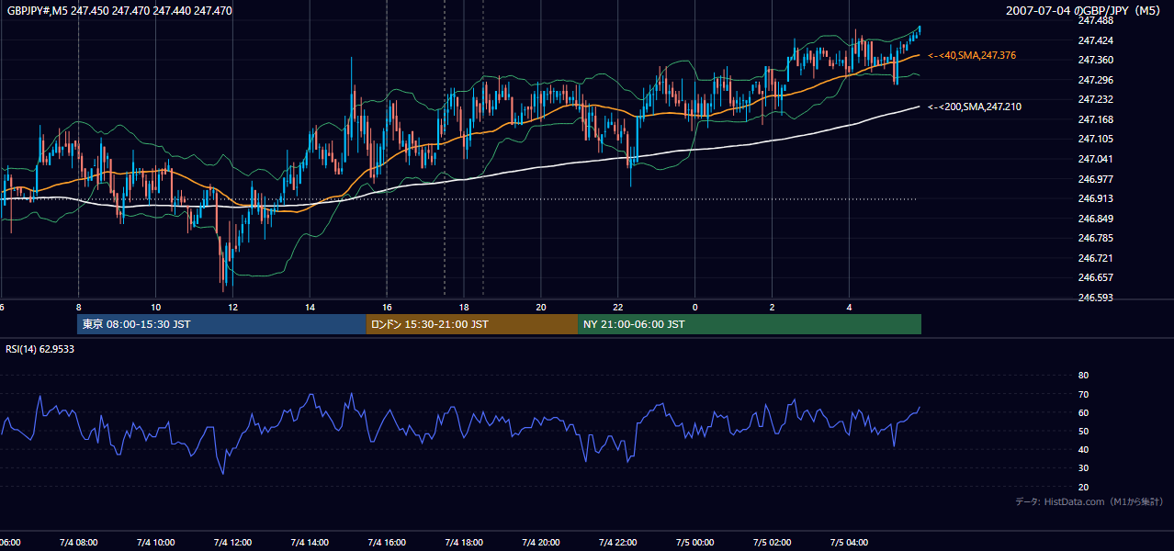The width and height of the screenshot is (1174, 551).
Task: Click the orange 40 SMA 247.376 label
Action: point(972,55)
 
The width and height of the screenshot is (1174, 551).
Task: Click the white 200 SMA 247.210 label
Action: point(975,107)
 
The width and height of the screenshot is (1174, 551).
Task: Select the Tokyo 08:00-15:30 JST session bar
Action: point(221,324)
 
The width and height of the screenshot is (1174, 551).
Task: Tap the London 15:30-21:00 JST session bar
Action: point(471,324)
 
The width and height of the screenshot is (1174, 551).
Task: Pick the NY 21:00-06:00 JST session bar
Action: point(750,324)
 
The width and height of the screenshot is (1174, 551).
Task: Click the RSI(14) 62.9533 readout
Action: point(40,349)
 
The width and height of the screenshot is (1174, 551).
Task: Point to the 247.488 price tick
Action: point(1095,20)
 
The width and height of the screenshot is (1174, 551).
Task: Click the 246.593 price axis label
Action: point(1095,298)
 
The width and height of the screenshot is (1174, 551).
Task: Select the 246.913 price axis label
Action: point(1095,198)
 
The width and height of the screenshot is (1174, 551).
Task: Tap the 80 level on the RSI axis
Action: point(1083,375)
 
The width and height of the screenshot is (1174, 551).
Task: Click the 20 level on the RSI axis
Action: point(1083,487)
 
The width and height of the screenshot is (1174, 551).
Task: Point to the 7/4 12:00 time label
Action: point(232,543)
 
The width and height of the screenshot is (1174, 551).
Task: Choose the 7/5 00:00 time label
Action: point(695,543)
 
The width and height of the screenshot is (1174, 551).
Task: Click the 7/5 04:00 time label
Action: point(849,543)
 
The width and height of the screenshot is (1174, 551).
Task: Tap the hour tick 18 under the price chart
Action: point(464,308)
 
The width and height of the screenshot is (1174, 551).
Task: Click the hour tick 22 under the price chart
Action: point(618,308)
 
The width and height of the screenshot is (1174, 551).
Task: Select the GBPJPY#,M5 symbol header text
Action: point(38,10)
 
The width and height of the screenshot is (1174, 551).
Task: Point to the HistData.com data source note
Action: point(1089,501)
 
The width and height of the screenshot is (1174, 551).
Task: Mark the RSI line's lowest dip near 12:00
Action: point(223,474)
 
